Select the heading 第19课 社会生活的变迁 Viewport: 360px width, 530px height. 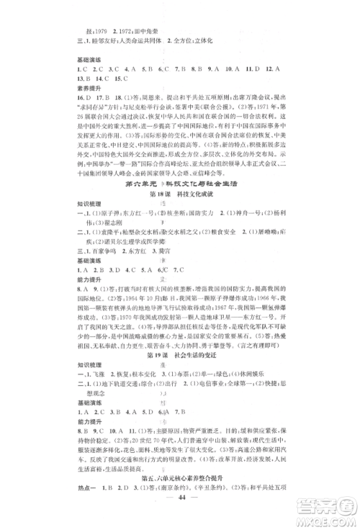point(179,367)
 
